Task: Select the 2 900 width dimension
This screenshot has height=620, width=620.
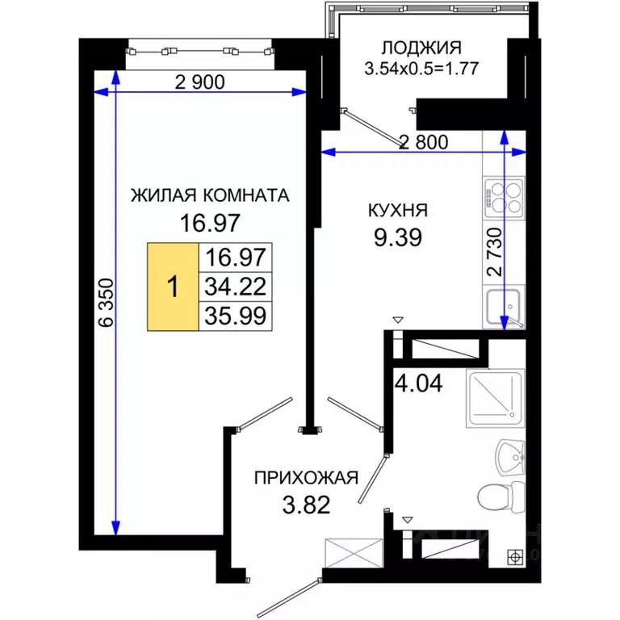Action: pyautogui.click(x=198, y=81)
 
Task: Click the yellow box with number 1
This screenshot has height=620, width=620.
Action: pyautogui.click(x=172, y=287)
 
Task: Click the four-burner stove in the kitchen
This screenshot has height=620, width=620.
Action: pyautogui.click(x=505, y=195)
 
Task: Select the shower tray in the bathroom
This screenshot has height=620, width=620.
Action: pyautogui.click(x=495, y=399)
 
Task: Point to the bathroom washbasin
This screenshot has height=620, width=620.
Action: pyautogui.click(x=509, y=456)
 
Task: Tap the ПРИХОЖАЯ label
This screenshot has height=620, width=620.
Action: pyautogui.click(x=305, y=477)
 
